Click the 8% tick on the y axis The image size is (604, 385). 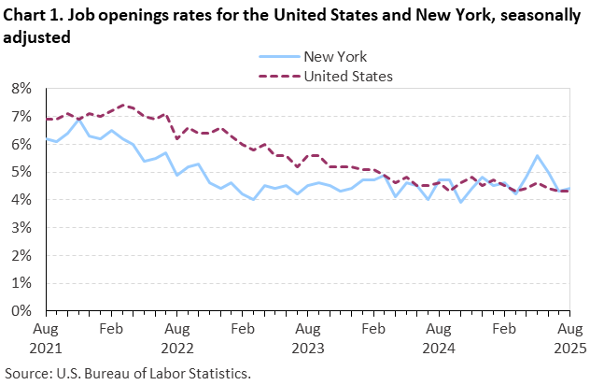(21, 89)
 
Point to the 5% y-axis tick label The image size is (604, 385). (21, 172)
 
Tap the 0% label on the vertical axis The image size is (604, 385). (21, 310)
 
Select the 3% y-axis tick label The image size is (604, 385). (21, 227)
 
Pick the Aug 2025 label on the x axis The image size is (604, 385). (569, 338)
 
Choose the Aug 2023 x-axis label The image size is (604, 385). (307, 338)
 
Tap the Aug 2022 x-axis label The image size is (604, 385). (176, 338)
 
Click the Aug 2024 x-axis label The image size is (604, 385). (438, 338)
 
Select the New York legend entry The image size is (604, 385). (335, 57)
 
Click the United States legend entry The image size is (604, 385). (347, 76)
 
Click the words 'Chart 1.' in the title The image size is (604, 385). (33, 15)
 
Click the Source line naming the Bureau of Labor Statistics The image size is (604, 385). (128, 373)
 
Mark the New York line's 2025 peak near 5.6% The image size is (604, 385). (537, 156)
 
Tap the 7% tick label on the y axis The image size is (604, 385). (21, 117)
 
